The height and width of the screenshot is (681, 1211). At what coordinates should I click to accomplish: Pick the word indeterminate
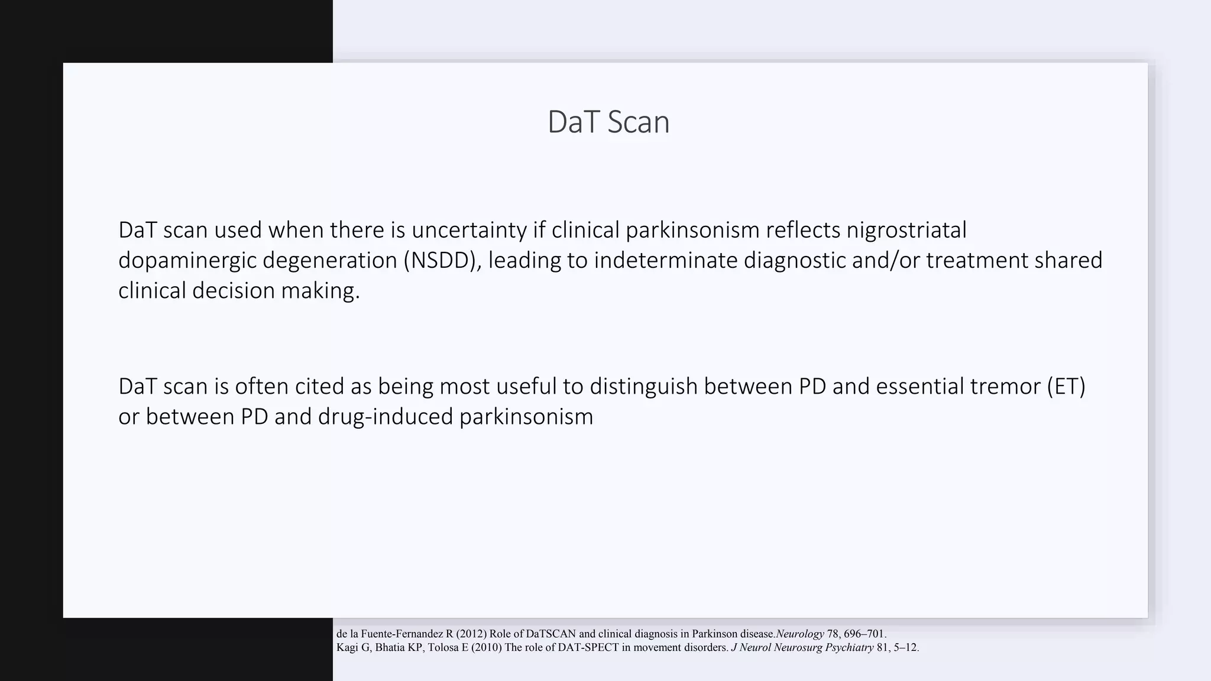click(x=666, y=260)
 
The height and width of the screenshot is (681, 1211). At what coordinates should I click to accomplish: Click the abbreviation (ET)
click(x=1066, y=386)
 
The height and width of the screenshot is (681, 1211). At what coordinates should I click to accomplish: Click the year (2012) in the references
click(x=471, y=634)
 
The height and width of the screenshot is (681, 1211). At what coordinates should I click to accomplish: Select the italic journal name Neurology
click(x=800, y=634)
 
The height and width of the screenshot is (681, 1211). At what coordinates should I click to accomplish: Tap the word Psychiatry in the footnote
click(x=849, y=647)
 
